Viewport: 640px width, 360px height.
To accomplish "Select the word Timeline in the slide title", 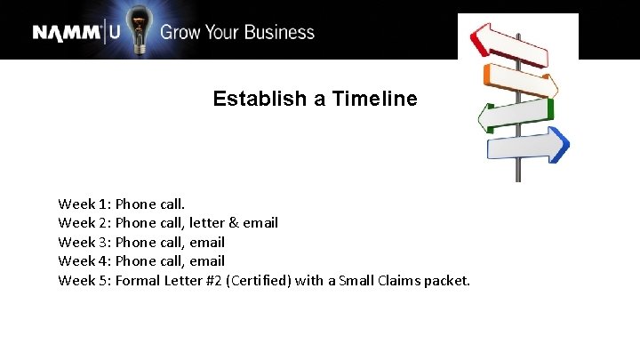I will [374, 99].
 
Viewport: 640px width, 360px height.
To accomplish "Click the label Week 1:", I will [84, 204].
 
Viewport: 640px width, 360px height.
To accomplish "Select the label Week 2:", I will [84, 222].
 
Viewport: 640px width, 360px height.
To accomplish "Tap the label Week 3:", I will [84, 242].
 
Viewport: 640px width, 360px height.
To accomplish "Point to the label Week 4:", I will [84, 260].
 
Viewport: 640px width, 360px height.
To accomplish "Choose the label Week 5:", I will [84, 281].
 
